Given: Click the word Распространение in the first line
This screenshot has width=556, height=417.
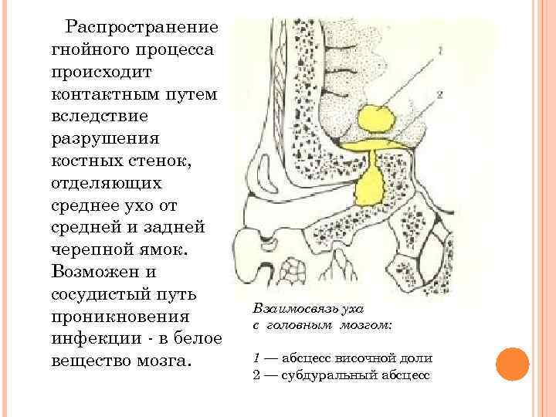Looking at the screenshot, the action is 141,27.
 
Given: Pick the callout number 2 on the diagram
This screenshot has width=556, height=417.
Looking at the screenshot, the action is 439,95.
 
